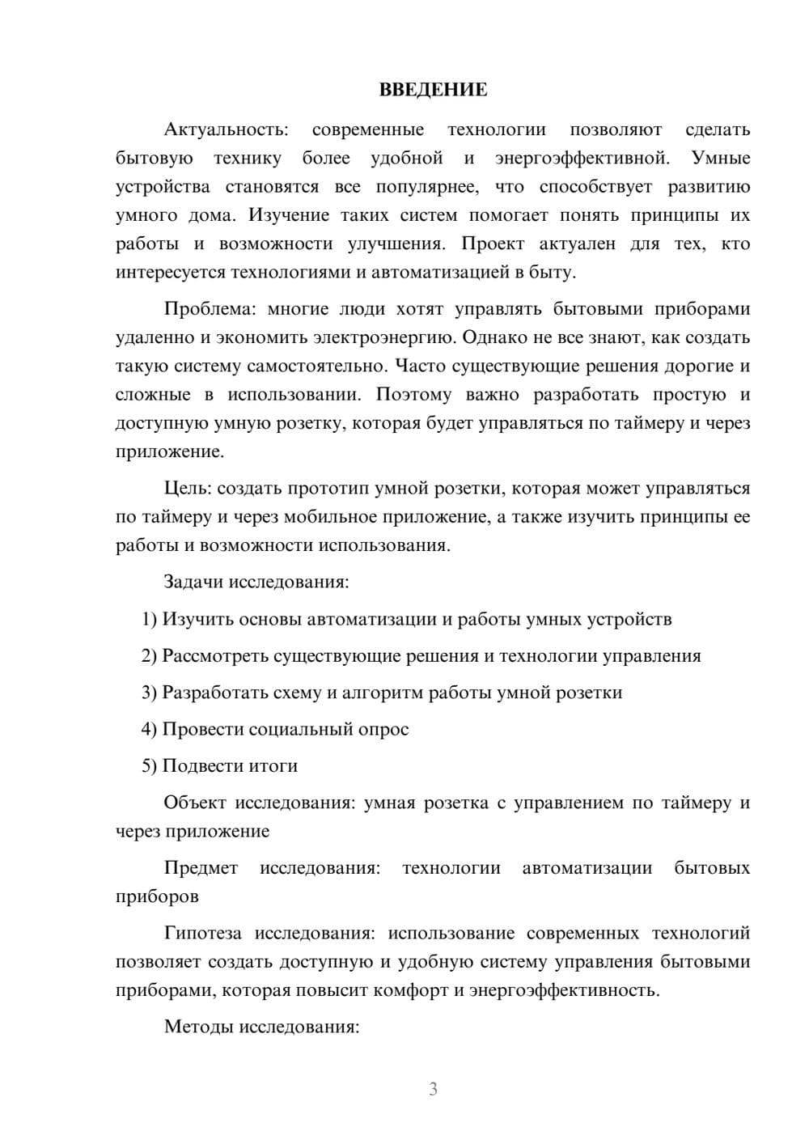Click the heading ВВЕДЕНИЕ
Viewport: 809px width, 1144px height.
point(433,90)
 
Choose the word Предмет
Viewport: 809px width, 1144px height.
point(201,868)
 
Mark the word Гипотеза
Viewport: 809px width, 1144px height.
point(202,934)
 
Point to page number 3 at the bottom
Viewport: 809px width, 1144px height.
point(433,1089)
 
